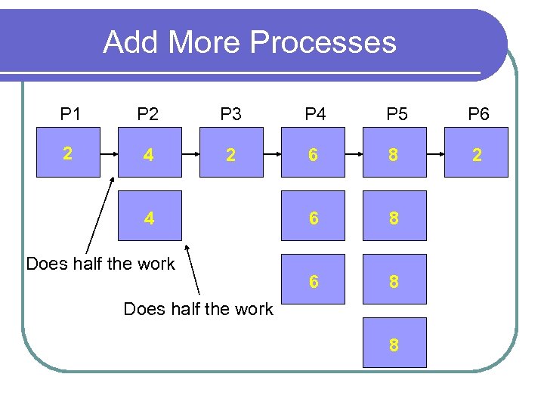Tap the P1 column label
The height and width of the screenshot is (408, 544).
71,115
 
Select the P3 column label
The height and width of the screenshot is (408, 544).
230,115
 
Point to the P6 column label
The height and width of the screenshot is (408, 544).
478,115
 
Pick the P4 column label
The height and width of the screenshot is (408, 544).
315,115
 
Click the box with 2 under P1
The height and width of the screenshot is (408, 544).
68,153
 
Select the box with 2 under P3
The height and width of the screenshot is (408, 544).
230,153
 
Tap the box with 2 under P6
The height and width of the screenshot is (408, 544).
477,153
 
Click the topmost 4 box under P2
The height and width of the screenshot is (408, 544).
149,153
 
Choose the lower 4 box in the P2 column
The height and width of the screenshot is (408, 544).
149,218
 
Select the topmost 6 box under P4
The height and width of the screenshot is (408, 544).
313,153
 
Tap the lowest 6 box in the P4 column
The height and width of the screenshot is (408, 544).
313,280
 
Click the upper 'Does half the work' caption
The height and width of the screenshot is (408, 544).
100,264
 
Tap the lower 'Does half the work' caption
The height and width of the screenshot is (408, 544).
198,309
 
